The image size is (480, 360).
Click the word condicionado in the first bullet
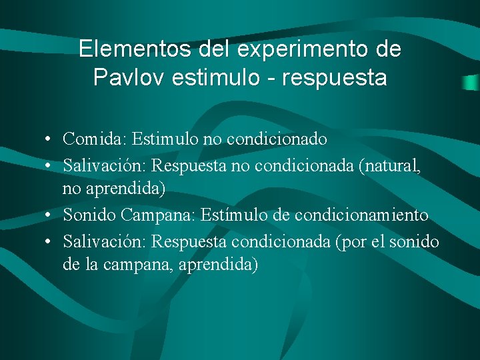pos(277,139)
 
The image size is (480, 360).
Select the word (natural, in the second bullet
pos(390,165)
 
